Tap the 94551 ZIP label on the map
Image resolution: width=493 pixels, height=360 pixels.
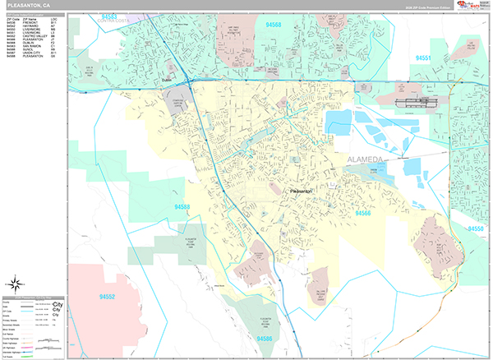(x=424, y=58)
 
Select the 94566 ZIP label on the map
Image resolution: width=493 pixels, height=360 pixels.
(x=365, y=213)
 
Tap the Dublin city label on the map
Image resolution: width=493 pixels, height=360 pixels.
(x=169, y=80)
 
